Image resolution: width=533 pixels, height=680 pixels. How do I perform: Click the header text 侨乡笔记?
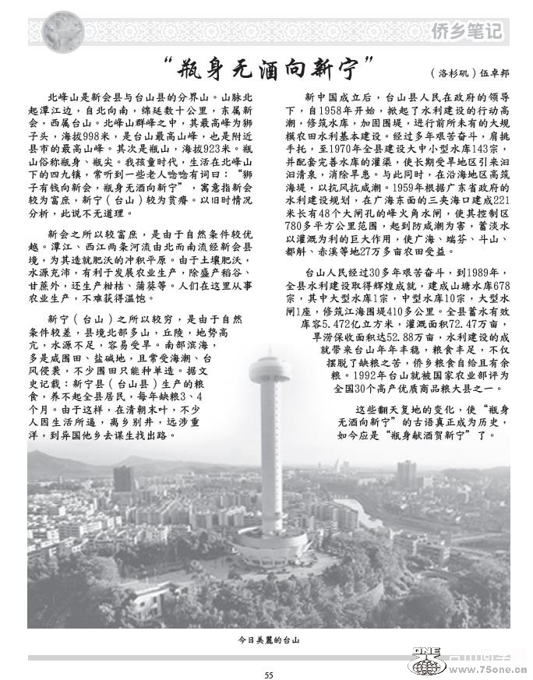tap(466, 30)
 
